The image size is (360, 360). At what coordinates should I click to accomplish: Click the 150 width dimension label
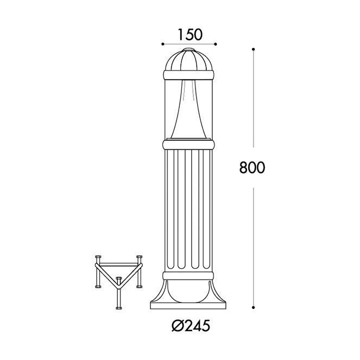(190, 34)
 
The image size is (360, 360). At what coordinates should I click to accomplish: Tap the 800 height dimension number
(252, 167)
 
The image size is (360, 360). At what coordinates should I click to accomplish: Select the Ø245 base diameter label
(191, 326)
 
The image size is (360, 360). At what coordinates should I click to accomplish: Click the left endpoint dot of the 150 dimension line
(162, 44)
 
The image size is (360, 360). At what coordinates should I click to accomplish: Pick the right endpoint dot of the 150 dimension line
(216, 44)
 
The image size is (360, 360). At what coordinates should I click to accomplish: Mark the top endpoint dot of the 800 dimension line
(253, 49)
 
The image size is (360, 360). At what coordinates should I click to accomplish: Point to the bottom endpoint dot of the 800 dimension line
(253, 307)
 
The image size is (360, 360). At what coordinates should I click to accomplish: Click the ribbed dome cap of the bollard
(189, 60)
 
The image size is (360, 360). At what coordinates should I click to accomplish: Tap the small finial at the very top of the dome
(189, 49)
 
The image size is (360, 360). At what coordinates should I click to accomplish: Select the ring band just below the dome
(189, 75)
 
